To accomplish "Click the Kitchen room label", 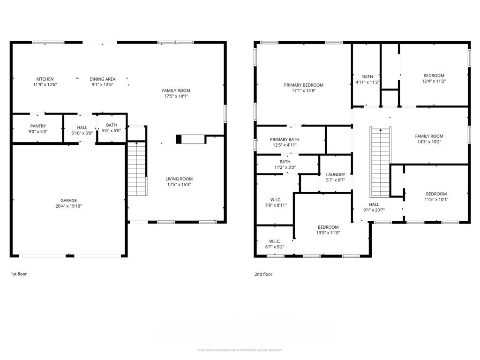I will tap(45, 79).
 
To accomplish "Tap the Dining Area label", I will tap(103, 79).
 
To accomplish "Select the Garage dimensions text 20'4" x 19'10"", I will tap(68, 206).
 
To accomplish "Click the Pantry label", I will tap(38, 126).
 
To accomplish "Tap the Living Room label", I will tap(179, 179).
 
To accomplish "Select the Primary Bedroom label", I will tap(303, 85).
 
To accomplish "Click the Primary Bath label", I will tap(285, 139).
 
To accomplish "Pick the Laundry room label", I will tap(336, 174).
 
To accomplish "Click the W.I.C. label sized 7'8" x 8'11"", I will tap(275, 199).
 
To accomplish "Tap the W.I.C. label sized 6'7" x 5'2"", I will tap(275, 241).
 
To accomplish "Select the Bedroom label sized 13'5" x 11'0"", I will tap(328, 227).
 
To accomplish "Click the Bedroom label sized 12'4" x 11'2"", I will tap(434, 75).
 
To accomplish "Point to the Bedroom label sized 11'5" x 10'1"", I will tap(436, 194).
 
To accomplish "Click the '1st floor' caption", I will tap(19, 274).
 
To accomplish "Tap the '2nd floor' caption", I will tap(263, 274).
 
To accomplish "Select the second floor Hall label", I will tap(374, 204).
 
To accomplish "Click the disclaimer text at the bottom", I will tap(240, 350).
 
